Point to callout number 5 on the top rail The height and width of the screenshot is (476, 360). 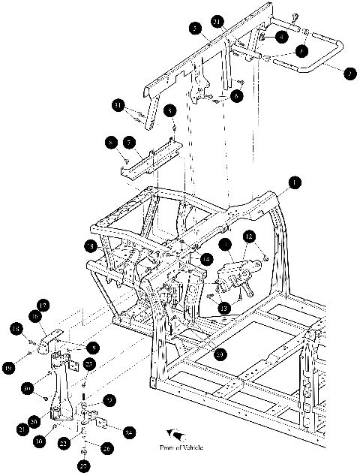(195, 29)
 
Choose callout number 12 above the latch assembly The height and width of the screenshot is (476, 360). (247, 238)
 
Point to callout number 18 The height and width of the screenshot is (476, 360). (14, 329)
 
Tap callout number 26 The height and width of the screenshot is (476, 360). (106, 448)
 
